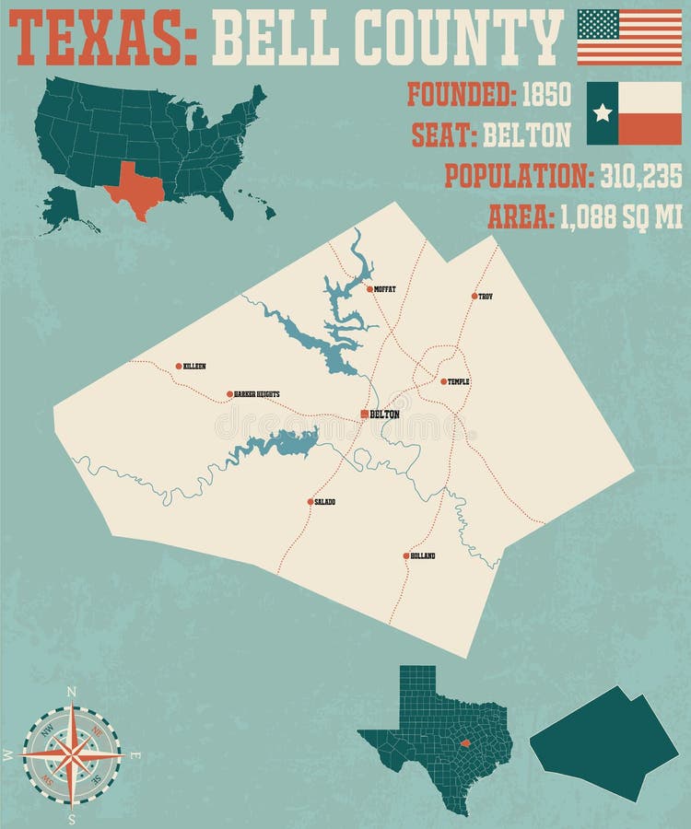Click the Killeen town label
coord(194,367)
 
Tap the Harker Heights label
coord(257,394)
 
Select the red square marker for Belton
coord(365,414)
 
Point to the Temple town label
coord(459,381)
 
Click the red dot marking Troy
coord(474,297)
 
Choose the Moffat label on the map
coord(385,289)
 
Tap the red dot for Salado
coord(310,502)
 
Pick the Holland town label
coord(423,556)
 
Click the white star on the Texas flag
coord(603,112)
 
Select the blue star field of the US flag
coord(597,23)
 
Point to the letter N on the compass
coord(72,690)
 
